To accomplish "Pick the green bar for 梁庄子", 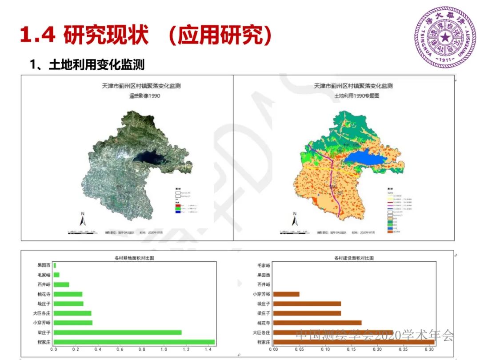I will click(x=117, y=332).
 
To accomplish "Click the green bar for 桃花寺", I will click(x=68, y=294).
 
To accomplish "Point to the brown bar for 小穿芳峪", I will click(x=286, y=294).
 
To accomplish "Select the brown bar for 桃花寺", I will click(x=317, y=323).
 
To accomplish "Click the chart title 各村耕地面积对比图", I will click(x=135, y=258).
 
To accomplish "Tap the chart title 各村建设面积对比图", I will click(x=354, y=258).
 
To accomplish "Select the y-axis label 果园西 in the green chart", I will click(x=44, y=265).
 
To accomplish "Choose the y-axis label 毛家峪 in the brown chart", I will click(x=264, y=265).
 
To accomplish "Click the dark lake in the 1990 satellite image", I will click(x=153, y=156).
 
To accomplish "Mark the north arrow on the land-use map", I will click(x=294, y=220).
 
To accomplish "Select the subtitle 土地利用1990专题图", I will click(x=353, y=96).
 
